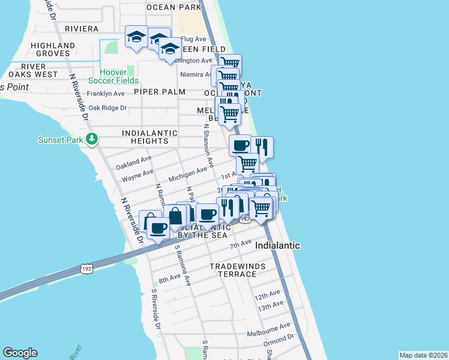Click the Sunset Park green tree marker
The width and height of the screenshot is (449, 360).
[x=91, y=140]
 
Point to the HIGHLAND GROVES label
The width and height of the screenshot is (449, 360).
[x=53, y=50]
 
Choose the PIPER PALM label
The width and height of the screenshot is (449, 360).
[x=160, y=92]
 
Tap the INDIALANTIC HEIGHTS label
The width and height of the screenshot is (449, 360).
[x=149, y=137]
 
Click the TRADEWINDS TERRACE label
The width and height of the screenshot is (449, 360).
[x=233, y=269]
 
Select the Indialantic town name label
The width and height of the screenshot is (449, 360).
[x=277, y=246]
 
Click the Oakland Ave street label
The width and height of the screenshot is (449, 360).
[x=133, y=162]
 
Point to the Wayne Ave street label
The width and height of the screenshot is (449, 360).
[x=137, y=176]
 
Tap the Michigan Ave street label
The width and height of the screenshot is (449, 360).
[x=187, y=173]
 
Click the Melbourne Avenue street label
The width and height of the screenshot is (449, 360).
[x=269, y=332]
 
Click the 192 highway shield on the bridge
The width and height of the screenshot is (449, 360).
[x=86, y=269]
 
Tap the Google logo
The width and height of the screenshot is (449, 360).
[x=20, y=353]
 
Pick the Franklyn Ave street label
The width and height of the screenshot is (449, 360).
[x=106, y=94]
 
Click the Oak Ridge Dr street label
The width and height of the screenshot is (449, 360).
[x=108, y=108]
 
